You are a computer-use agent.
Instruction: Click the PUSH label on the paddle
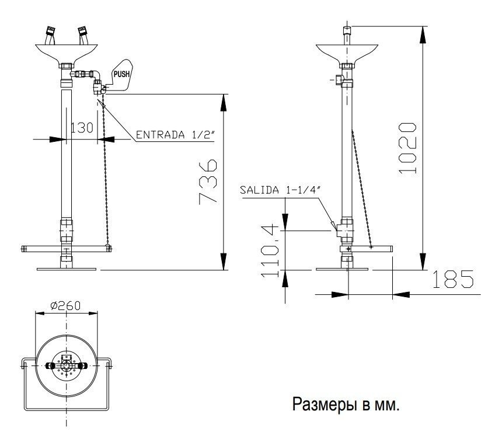point(121,74)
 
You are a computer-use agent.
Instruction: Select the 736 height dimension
point(208,182)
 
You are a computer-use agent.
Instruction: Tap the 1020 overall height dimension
point(407,148)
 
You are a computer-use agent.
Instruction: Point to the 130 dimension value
point(82,128)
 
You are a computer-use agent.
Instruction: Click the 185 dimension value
point(453,279)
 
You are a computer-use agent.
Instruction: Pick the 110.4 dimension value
point(270,251)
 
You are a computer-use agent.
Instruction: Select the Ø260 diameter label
point(65,306)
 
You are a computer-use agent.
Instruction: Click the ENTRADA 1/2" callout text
point(175,135)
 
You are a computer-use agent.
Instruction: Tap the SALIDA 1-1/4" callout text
point(280,190)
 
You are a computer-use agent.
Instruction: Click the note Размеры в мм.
point(346,404)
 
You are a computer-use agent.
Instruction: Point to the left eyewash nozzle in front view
point(50,35)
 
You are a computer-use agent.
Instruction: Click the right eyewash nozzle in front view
point(83,35)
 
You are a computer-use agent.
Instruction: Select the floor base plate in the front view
point(67,269)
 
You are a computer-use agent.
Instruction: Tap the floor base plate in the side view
point(342,269)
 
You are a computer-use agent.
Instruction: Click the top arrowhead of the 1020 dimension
point(423,34)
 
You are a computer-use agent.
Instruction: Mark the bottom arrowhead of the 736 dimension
point(224,262)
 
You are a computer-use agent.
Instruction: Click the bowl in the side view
point(347,54)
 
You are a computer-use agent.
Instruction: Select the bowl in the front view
point(67,54)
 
